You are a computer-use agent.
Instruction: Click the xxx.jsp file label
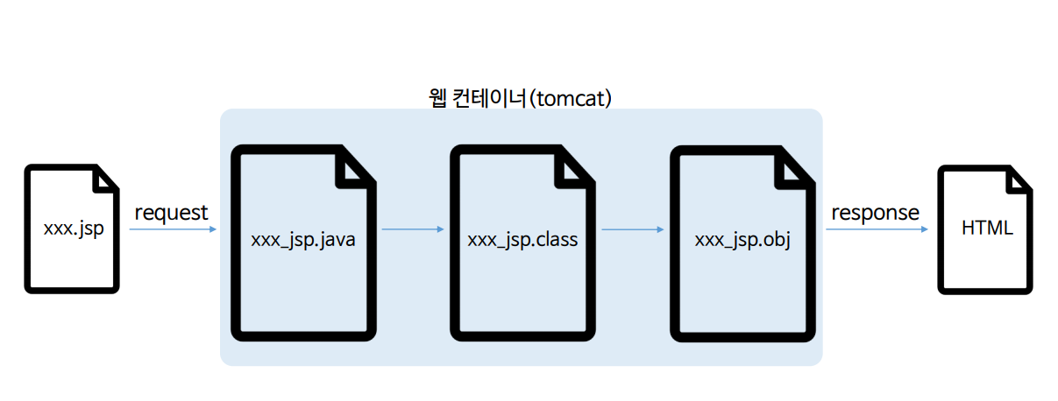[71, 229]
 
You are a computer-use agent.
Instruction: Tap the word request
[171, 212]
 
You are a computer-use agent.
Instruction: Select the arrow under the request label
[173, 229]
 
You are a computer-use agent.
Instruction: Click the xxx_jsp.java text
[302, 239]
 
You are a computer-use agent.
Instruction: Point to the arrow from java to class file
[413, 229]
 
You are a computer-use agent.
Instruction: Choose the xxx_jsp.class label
[522, 239]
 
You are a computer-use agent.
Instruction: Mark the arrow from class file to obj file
[633, 229]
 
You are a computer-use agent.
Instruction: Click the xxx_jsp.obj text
[742, 239]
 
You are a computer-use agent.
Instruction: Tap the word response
[875, 212]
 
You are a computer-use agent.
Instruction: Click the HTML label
[987, 229]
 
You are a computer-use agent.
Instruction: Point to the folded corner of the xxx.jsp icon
[104, 179]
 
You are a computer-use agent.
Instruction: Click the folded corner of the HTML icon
[1019, 179]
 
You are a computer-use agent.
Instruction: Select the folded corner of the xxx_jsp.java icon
[356, 168]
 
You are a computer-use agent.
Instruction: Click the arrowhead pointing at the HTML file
[924, 229]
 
